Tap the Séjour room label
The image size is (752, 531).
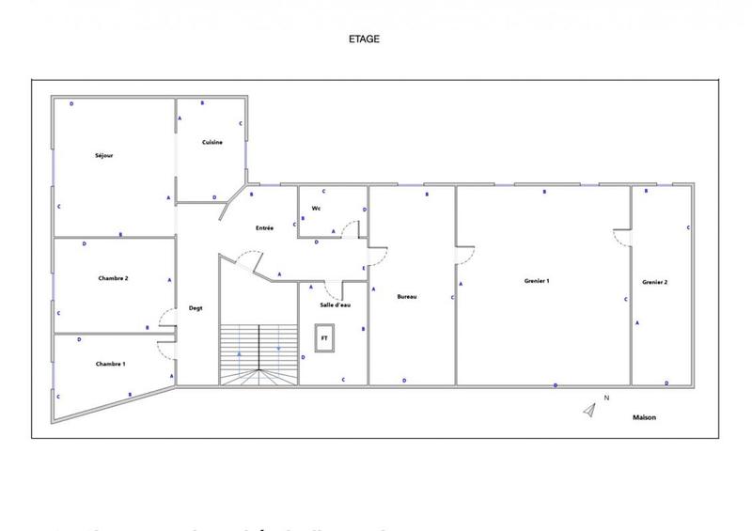[103, 155]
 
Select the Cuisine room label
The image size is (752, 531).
[211, 142]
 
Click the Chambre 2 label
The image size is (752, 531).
[113, 278]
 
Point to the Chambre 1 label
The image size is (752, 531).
[110, 364]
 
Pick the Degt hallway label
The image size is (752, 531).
[196, 308]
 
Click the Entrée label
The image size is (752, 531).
[264, 228]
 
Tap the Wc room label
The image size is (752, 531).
[317, 208]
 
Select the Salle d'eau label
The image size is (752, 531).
[335, 305]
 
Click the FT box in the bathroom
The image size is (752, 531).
[324, 337]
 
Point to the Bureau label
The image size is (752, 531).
[407, 296]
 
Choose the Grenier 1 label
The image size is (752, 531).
[537, 281]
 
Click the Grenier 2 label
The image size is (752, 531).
[655, 282]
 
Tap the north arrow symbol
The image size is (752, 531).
[590, 409]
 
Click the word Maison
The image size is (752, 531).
[644, 417]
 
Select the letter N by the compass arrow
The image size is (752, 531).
[607, 398]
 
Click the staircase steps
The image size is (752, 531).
[259, 353]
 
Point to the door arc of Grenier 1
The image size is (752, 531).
[465, 256]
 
